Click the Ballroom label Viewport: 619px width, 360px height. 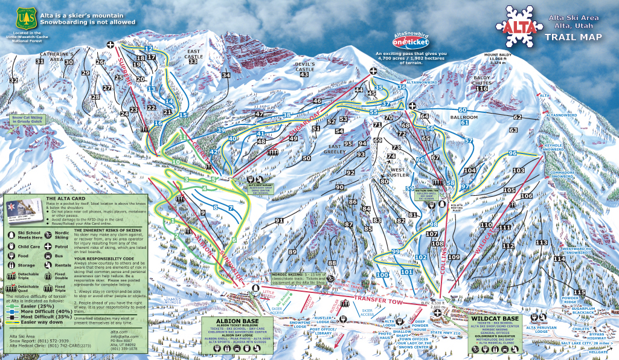(464, 117)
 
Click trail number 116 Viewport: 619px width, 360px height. (481, 89)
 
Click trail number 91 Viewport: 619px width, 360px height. (279, 221)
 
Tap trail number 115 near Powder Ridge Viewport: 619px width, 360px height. (580, 292)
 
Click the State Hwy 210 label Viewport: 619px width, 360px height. (446, 333)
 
